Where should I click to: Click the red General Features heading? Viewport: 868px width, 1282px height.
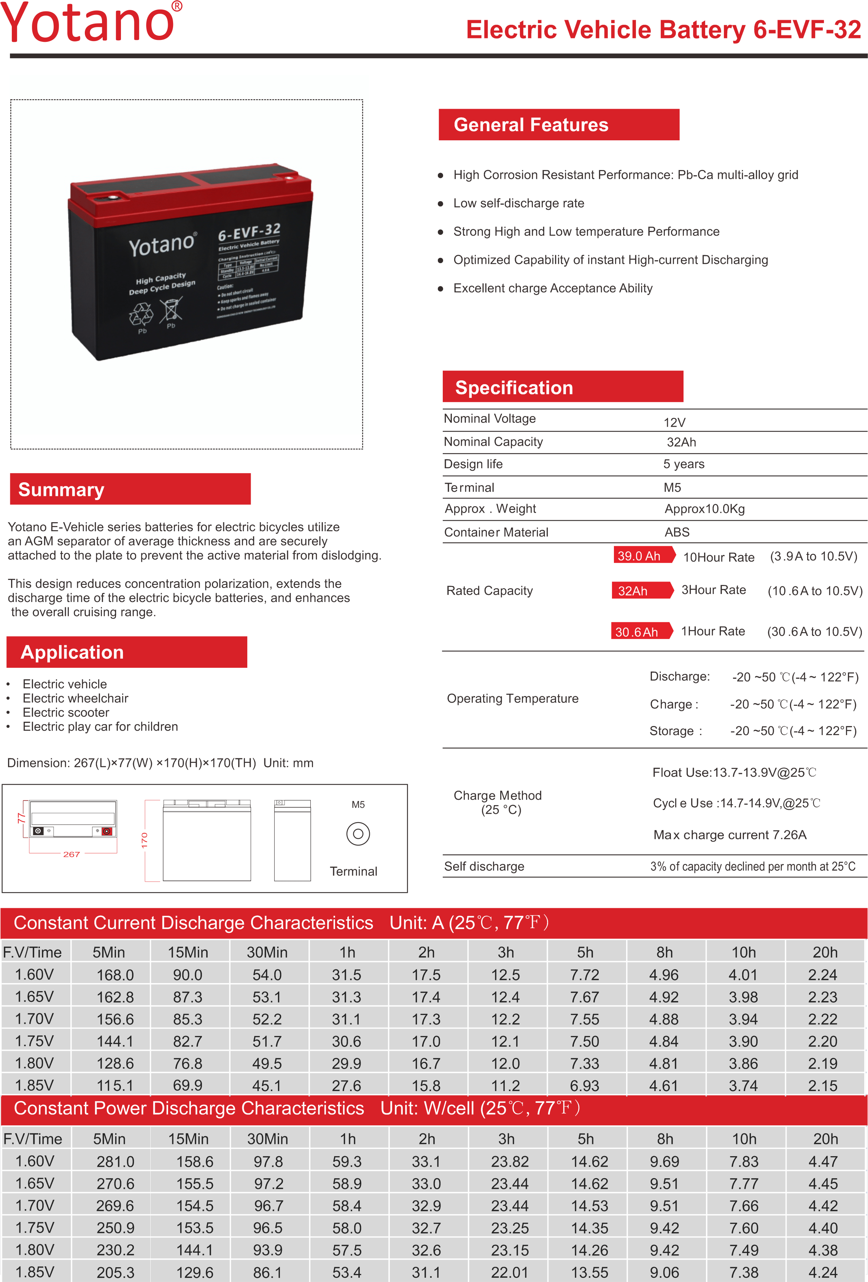[558, 125]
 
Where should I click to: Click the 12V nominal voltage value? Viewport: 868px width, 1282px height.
[674, 423]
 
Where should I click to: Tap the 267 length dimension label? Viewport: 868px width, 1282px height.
[72, 854]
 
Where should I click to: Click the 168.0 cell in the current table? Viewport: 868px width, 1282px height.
[115, 975]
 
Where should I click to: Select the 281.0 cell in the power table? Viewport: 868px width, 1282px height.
[115, 1161]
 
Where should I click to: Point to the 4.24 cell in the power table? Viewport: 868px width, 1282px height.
[823, 1272]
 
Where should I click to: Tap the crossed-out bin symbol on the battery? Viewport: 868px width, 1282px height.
[171, 310]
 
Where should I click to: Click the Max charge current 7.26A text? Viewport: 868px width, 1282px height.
[730, 835]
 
